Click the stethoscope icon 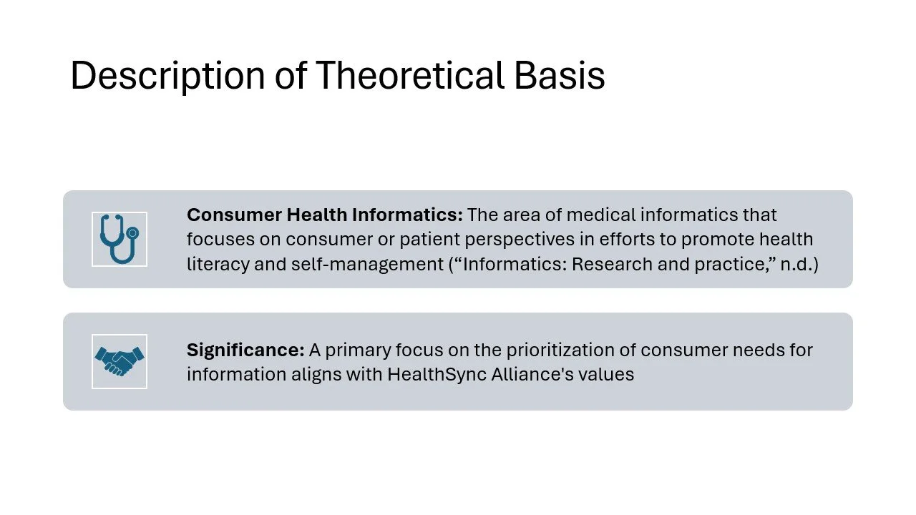pos(120,239)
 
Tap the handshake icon pos(120,361)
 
